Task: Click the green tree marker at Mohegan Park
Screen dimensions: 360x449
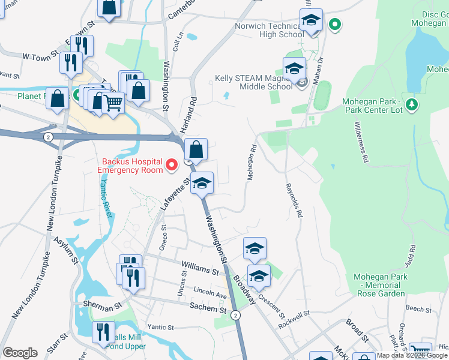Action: click(x=412, y=106)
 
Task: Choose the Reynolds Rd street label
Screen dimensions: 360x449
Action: click(x=294, y=200)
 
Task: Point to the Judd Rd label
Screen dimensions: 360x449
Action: click(x=410, y=256)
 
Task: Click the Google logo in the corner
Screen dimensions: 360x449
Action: click(x=20, y=353)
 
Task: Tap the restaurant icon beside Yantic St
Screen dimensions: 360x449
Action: click(x=103, y=332)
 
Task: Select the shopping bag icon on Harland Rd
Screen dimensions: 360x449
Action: click(x=196, y=149)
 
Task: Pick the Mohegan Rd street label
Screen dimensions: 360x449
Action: click(x=252, y=163)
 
